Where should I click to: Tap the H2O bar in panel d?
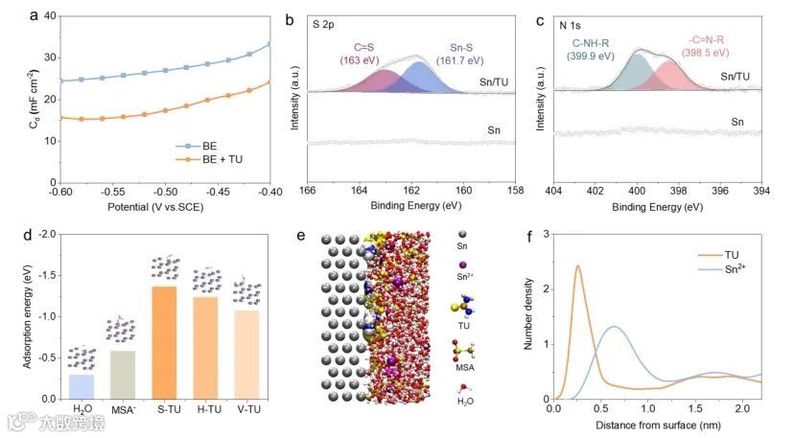pyautogui.click(x=82, y=386)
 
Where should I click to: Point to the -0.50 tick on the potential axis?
pyautogui.click(x=165, y=193)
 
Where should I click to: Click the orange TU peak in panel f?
pyautogui.click(x=577, y=268)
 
